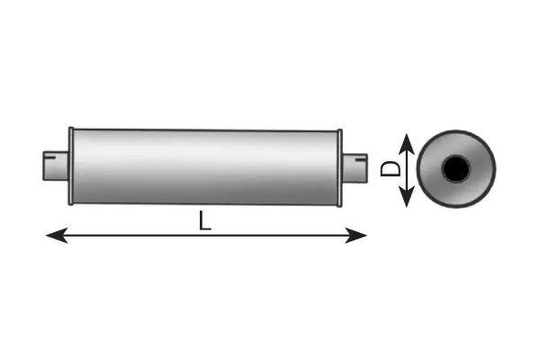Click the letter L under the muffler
205,220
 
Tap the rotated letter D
390,168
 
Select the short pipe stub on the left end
57,166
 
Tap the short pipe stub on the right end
355,166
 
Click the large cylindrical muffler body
205,166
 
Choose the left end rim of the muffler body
71,166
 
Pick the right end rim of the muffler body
339,166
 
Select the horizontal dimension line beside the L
126,236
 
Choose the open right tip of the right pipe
366,166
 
